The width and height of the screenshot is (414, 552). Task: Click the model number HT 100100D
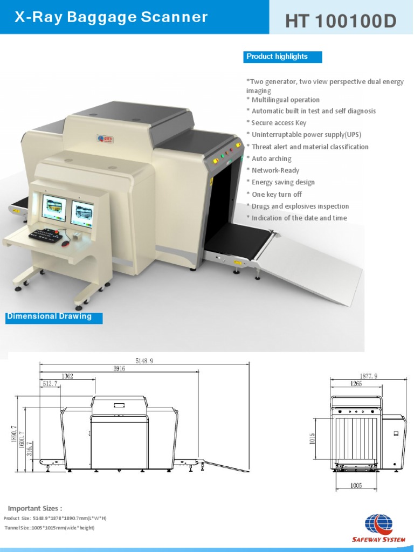click(x=341, y=21)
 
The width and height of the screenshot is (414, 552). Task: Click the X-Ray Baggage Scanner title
click(x=111, y=17)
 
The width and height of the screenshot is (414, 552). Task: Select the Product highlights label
click(x=278, y=57)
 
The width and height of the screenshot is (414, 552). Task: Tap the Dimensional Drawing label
click(x=50, y=316)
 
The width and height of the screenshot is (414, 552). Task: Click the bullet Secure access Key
click(x=279, y=123)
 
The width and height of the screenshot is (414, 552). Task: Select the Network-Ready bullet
click(x=275, y=170)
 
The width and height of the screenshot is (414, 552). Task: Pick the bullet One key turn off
click(x=277, y=194)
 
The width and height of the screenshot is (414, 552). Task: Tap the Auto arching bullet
click(x=271, y=158)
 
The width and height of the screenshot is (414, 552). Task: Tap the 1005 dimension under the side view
click(x=356, y=486)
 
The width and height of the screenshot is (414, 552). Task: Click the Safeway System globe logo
click(x=379, y=525)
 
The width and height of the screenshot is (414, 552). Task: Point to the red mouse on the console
click(x=66, y=244)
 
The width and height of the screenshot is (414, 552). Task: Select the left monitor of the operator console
click(x=54, y=208)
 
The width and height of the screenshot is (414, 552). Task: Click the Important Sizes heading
click(x=35, y=508)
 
